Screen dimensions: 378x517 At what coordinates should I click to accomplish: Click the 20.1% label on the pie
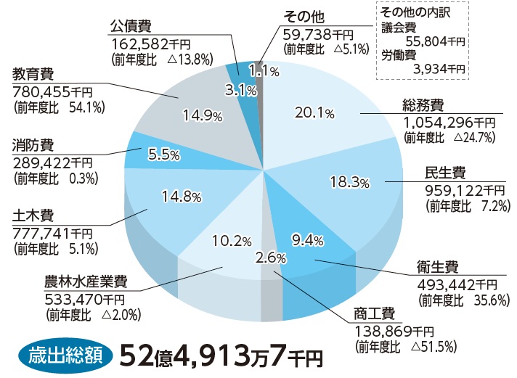[314, 112]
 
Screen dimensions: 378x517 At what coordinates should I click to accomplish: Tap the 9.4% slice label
[307, 239]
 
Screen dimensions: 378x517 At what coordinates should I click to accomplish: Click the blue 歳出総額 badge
[65, 356]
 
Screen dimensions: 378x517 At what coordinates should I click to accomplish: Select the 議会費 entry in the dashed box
[400, 27]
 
